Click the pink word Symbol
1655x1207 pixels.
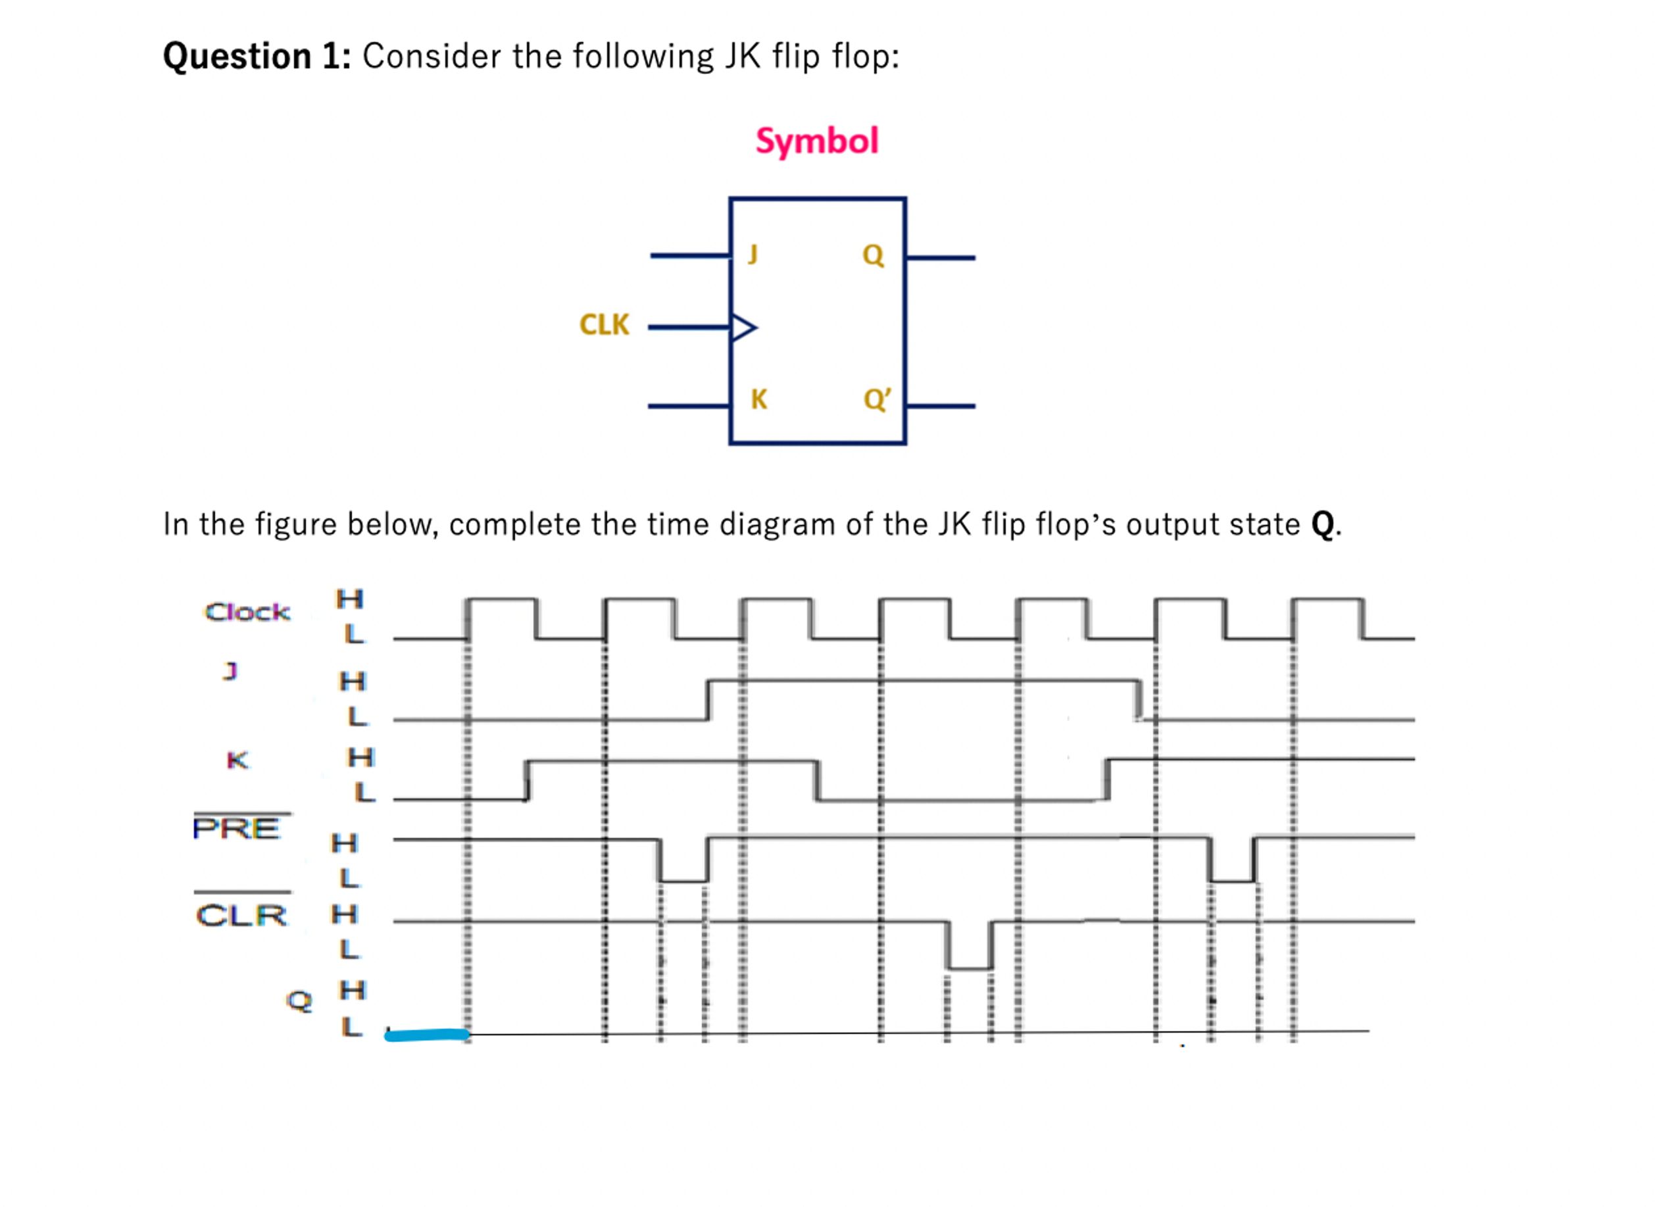point(816,140)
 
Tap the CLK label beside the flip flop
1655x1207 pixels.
point(604,324)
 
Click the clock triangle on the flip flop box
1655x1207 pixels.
point(743,328)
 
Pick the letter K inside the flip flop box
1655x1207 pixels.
point(758,399)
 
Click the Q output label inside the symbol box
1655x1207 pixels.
point(872,255)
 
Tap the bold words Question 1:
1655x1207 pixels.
point(257,57)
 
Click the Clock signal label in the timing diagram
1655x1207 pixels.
point(247,612)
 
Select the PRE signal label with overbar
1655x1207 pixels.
point(237,828)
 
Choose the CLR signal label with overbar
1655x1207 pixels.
point(242,915)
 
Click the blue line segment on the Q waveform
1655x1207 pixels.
point(427,1034)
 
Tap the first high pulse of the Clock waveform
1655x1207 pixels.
point(503,601)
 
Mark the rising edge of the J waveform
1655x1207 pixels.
point(708,699)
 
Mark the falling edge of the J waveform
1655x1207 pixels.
point(1138,699)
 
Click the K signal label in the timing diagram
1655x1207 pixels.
point(237,760)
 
